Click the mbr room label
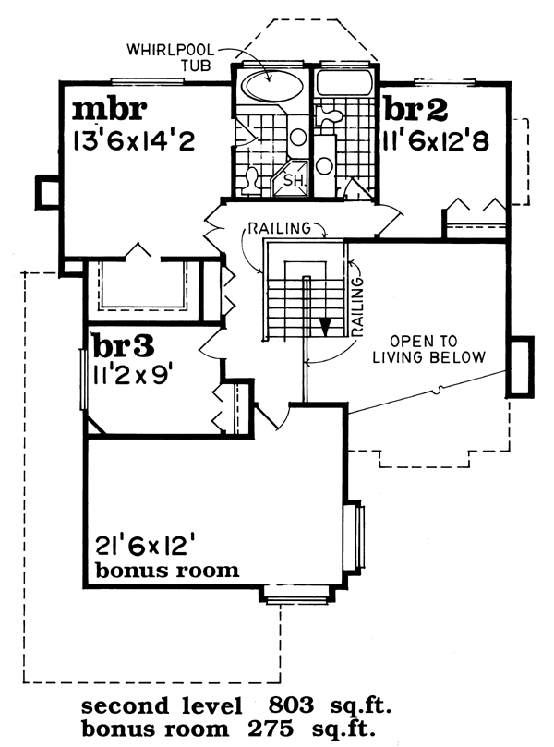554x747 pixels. (x=109, y=110)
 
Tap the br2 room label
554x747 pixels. (x=415, y=109)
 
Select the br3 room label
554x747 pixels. (x=124, y=346)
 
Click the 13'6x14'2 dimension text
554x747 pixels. (x=134, y=141)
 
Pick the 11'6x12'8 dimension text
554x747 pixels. (x=436, y=140)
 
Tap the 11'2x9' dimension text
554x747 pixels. (x=132, y=376)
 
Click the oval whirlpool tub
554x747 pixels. (x=271, y=86)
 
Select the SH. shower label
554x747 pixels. (x=291, y=181)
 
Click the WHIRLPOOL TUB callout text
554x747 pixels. (x=170, y=57)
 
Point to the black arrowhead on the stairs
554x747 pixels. (x=325, y=327)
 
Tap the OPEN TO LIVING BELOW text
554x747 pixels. (x=428, y=349)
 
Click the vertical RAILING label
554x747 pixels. (x=357, y=307)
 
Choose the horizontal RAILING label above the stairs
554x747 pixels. (x=280, y=228)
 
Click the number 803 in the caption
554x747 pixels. (x=291, y=705)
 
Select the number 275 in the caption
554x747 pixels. (x=270, y=729)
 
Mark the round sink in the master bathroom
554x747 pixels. (x=298, y=138)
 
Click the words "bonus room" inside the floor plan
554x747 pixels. (x=167, y=571)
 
